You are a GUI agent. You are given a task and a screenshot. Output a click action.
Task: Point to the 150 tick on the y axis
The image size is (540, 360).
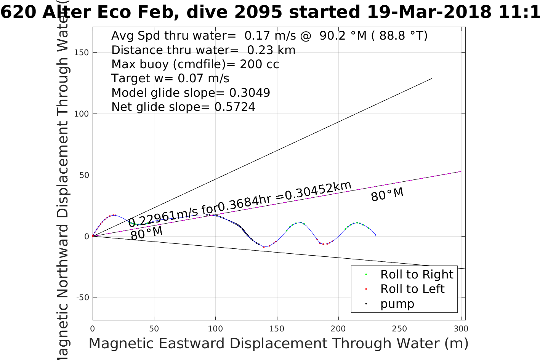82,53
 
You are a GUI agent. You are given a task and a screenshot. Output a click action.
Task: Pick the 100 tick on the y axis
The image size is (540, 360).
82,114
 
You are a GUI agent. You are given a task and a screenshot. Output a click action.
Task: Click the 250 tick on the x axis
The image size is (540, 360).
399,328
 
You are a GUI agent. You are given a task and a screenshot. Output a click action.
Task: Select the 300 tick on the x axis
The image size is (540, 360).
461,328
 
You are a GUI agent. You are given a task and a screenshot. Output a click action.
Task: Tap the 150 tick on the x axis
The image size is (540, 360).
277,328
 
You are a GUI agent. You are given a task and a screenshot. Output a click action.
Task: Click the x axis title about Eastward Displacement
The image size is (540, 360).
278,343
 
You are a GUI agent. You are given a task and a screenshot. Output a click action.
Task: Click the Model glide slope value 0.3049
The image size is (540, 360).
250,93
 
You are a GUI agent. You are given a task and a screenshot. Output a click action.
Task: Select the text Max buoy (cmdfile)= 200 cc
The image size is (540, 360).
195,64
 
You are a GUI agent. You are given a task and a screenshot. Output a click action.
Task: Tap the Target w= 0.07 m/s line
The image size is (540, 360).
170,78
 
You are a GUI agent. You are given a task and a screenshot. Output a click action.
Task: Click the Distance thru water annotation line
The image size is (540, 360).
203,50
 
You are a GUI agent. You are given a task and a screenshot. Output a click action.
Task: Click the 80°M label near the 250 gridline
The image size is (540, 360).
387,194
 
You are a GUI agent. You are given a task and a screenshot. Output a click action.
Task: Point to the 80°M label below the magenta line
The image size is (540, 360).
146,233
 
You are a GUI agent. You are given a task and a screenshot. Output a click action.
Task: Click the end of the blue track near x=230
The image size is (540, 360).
376,236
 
